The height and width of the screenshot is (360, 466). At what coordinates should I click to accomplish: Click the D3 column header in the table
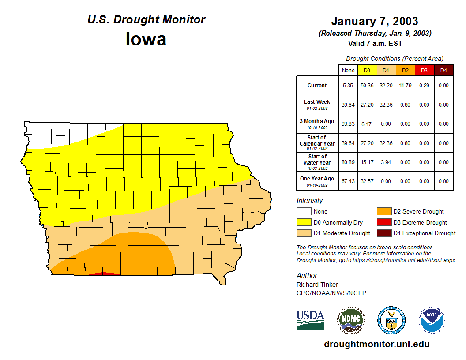[424, 71]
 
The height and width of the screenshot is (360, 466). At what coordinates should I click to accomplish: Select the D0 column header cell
[367, 71]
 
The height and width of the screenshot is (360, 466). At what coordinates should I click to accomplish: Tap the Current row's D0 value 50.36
[367, 86]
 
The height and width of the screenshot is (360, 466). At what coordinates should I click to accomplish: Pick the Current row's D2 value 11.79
[405, 86]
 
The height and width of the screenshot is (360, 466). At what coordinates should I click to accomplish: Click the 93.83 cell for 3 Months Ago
[348, 124]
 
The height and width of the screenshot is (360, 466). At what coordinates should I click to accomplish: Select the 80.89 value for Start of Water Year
[348, 162]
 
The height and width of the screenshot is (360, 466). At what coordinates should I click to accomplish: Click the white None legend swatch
[304, 212]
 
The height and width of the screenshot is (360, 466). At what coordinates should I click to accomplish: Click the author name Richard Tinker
[317, 285]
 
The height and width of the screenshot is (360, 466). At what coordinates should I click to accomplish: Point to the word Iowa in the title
[146, 39]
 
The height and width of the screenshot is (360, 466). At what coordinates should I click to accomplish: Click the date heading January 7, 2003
[375, 21]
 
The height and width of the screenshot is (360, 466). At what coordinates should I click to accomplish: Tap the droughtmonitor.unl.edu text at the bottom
[376, 344]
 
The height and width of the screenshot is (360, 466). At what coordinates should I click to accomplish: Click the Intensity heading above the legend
[310, 200]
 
